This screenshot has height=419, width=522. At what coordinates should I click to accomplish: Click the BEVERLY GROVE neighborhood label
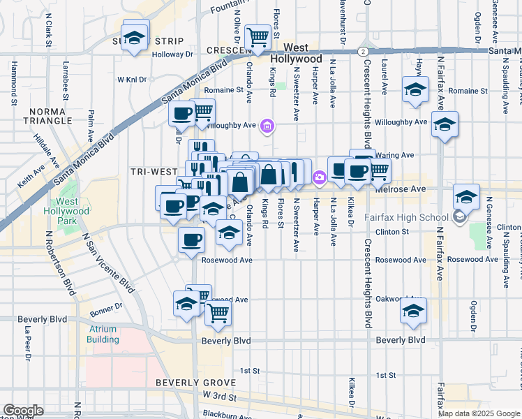point(197,383)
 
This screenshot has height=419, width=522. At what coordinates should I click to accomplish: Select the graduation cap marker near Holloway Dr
point(135,36)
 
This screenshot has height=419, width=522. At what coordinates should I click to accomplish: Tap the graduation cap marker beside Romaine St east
point(415,90)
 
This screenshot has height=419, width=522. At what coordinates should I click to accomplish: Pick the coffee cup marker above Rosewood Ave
point(192,240)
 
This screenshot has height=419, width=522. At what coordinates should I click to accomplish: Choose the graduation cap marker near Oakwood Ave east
point(413,311)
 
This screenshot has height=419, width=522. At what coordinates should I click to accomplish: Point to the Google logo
point(23,411)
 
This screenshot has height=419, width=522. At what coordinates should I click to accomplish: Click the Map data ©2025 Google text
point(478,413)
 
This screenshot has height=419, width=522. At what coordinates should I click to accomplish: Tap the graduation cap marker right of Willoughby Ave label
point(444,125)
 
